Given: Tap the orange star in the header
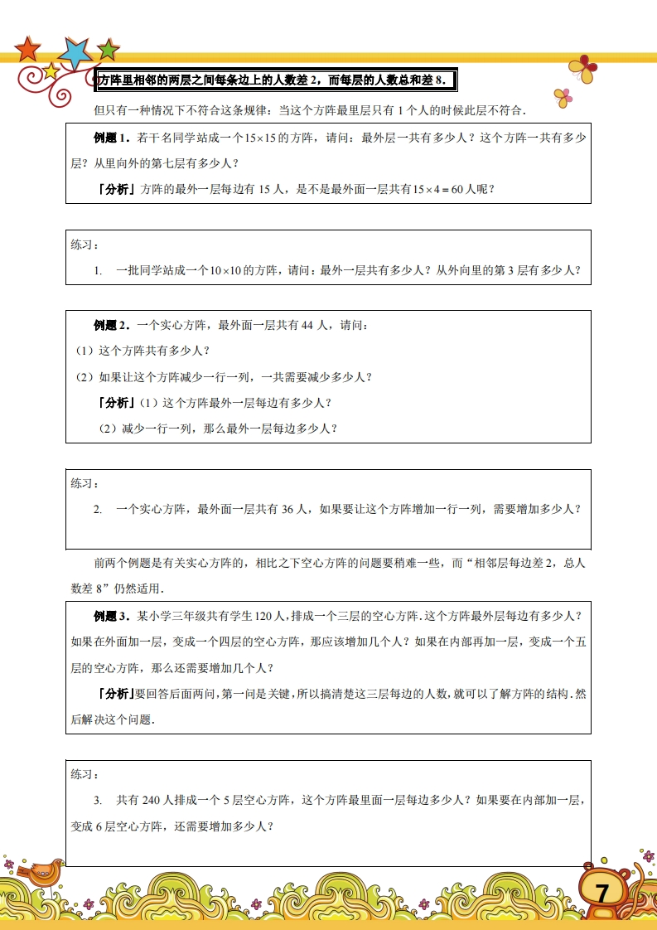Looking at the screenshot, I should (x=28, y=49).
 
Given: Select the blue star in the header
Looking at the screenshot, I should (x=76, y=53).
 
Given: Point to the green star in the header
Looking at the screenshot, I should (x=108, y=50).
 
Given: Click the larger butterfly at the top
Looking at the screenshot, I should (x=583, y=69).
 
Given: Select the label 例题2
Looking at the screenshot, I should (x=112, y=325).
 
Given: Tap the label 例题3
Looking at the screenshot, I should (x=112, y=616).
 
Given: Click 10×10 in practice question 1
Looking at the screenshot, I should (x=229, y=270).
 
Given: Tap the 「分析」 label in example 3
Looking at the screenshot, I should (x=115, y=694).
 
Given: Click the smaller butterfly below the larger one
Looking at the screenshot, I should (x=563, y=97).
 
